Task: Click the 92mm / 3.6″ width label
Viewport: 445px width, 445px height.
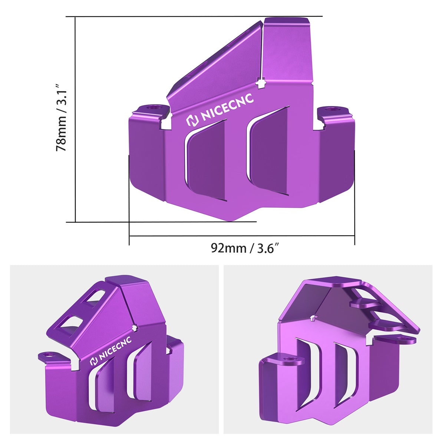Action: point(244,248)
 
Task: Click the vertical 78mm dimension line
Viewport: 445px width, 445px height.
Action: point(75,119)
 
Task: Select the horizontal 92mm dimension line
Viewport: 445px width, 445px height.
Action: point(241,235)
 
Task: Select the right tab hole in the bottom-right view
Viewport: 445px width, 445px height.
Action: point(401,339)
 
